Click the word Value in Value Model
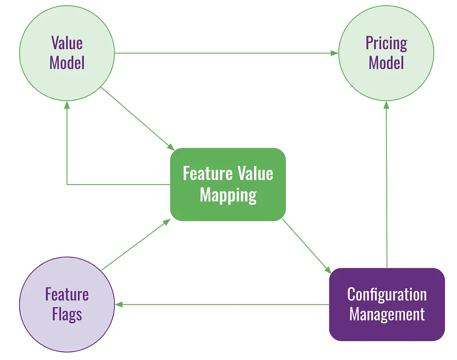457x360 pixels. (x=67, y=43)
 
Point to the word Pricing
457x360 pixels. (x=386, y=44)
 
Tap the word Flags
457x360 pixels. (x=67, y=314)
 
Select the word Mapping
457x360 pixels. (x=228, y=195)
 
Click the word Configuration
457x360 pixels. (x=387, y=295)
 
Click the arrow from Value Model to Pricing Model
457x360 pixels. (x=225, y=53)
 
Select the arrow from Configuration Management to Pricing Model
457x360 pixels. (x=387, y=187)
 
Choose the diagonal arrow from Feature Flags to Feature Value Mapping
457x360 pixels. (x=135, y=245)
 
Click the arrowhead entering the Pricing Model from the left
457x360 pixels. (x=334, y=53)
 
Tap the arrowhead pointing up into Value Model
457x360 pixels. (x=67, y=105)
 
